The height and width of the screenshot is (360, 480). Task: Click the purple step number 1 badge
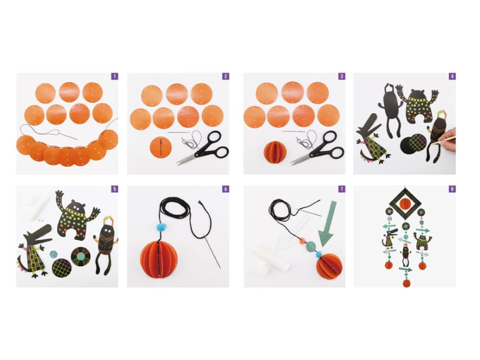click(115, 76)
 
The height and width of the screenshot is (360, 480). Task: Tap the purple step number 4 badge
click(452, 76)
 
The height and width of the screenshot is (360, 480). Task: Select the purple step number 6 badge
click(226, 189)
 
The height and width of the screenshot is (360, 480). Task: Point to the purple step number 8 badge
click(452, 189)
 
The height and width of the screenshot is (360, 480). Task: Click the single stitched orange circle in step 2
click(161, 147)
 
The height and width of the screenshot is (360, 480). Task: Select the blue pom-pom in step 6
click(161, 227)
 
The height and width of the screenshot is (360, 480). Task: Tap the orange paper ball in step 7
click(329, 266)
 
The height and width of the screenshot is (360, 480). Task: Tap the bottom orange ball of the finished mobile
click(407, 283)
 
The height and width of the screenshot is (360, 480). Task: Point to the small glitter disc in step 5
click(53, 254)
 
